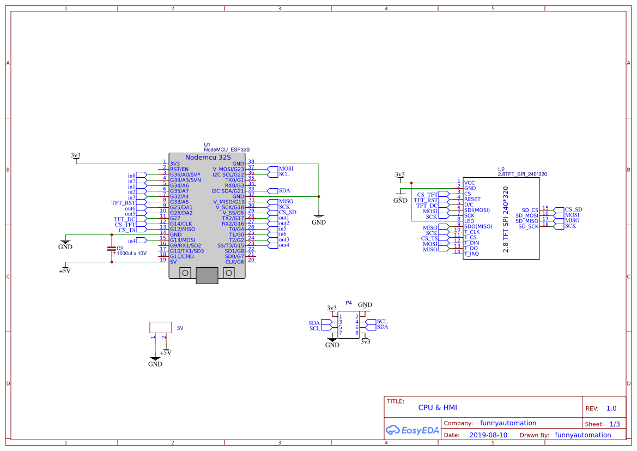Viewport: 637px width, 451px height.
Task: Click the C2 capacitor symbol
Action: click(111, 249)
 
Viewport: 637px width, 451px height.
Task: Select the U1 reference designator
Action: click(207, 145)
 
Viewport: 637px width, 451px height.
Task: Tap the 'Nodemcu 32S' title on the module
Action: click(208, 158)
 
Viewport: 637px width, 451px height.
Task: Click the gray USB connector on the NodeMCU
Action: click(207, 275)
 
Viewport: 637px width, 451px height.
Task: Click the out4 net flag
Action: click(278, 245)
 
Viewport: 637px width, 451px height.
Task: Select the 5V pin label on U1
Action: click(173, 262)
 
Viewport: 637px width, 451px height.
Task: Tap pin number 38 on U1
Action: click(251, 161)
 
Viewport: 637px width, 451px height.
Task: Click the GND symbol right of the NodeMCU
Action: click(318, 220)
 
